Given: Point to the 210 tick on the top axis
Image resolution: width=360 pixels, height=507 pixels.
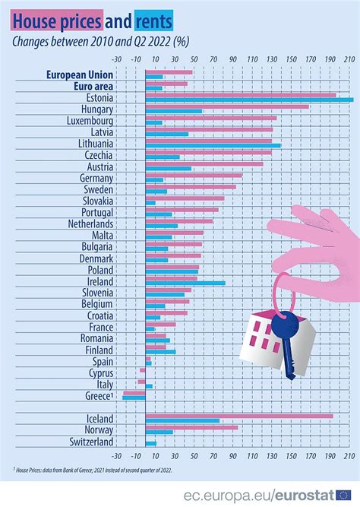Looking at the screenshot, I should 349,59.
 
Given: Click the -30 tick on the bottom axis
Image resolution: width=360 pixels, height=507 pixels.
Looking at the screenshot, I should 115,457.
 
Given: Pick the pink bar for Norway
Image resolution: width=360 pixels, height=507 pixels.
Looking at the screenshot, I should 191,427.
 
